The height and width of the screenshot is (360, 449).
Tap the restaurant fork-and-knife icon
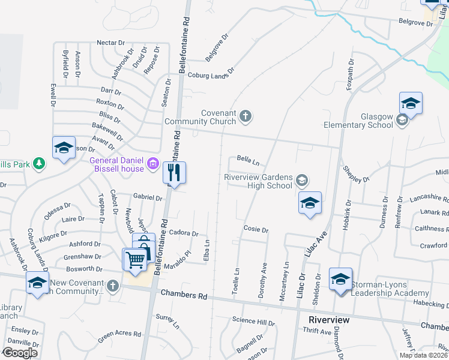point(174,173)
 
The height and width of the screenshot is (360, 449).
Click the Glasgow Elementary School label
point(360,121)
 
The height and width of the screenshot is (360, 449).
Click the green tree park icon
point(39,164)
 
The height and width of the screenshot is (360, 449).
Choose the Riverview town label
point(329,320)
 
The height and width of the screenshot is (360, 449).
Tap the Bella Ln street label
point(248,161)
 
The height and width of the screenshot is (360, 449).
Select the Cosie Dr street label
point(255,229)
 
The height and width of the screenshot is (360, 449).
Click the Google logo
point(20,353)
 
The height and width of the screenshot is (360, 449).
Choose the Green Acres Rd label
point(120,334)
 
